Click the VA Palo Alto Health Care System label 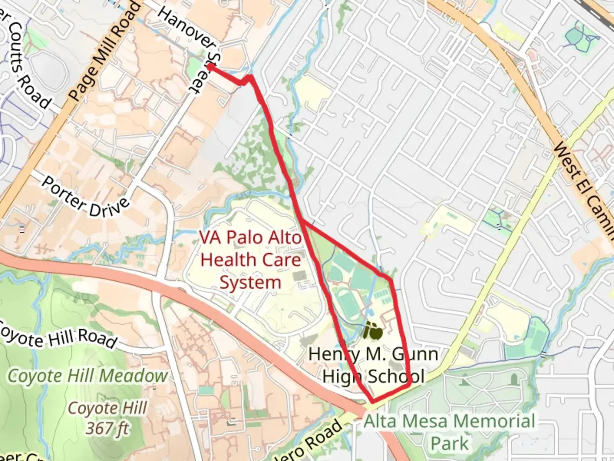251,260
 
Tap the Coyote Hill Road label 58,336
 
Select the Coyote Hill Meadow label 88,376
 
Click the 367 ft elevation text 107,428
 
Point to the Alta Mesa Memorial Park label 449,432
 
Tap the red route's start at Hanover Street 210,67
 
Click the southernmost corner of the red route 373,401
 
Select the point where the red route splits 302,221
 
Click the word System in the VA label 250,283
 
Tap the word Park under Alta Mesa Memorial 449,443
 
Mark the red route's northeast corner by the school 390,280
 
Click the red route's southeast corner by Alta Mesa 409,385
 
